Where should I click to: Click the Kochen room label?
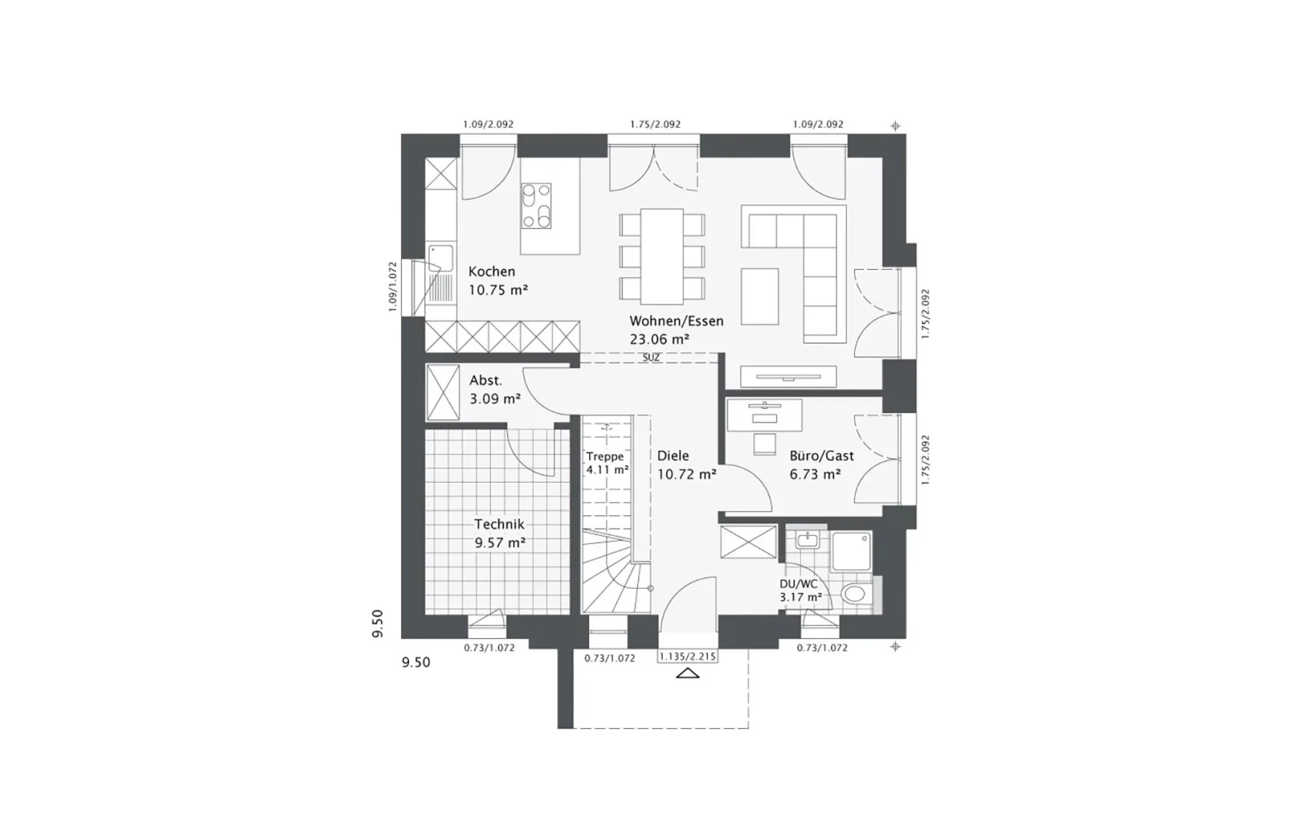(x=492, y=272)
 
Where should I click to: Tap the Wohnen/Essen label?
(x=676, y=321)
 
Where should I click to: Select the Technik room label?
(x=499, y=524)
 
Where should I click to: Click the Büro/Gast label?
(x=821, y=456)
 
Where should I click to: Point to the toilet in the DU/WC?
(x=857, y=594)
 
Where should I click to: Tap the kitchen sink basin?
(x=441, y=258)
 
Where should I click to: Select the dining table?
(x=662, y=257)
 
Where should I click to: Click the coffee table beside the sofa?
(x=760, y=295)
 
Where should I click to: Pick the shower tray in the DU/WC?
(x=852, y=551)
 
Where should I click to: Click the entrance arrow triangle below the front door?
(x=687, y=673)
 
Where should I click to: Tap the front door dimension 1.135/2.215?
(x=687, y=657)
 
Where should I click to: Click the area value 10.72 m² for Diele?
(x=686, y=474)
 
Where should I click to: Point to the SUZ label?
(x=651, y=357)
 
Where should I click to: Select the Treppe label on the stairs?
(x=605, y=456)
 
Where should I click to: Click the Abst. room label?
(x=486, y=380)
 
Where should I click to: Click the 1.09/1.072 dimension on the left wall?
(x=392, y=286)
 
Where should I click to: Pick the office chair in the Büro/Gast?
(x=764, y=444)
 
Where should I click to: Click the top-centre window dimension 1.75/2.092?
(x=655, y=124)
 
